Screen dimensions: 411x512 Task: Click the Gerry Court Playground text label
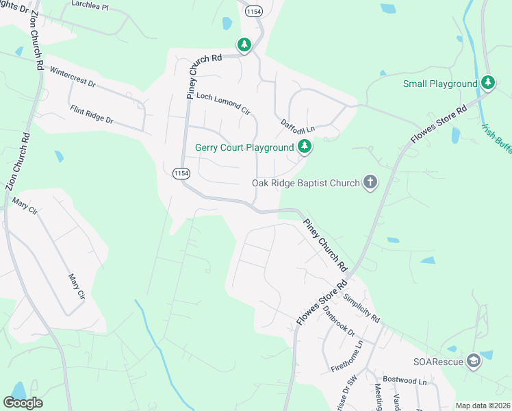pyautogui.click(x=244, y=147)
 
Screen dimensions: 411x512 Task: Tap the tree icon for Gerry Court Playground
pyautogui.click(x=305, y=147)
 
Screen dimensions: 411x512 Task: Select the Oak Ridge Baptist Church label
pyautogui.click(x=306, y=183)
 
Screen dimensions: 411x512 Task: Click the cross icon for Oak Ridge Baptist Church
pyautogui.click(x=370, y=182)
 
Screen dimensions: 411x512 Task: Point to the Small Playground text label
pyautogui.click(x=439, y=84)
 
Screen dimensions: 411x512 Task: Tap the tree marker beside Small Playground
pyautogui.click(x=487, y=83)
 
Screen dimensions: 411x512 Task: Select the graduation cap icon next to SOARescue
pyautogui.click(x=474, y=362)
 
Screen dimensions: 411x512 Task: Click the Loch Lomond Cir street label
pyautogui.click(x=223, y=103)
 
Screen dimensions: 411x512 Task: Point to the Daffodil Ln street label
pyautogui.click(x=297, y=126)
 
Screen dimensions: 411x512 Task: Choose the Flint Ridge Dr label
pyautogui.click(x=91, y=114)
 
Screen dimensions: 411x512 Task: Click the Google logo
pyautogui.click(x=23, y=403)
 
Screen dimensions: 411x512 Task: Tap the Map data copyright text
pyautogui.click(x=483, y=406)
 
